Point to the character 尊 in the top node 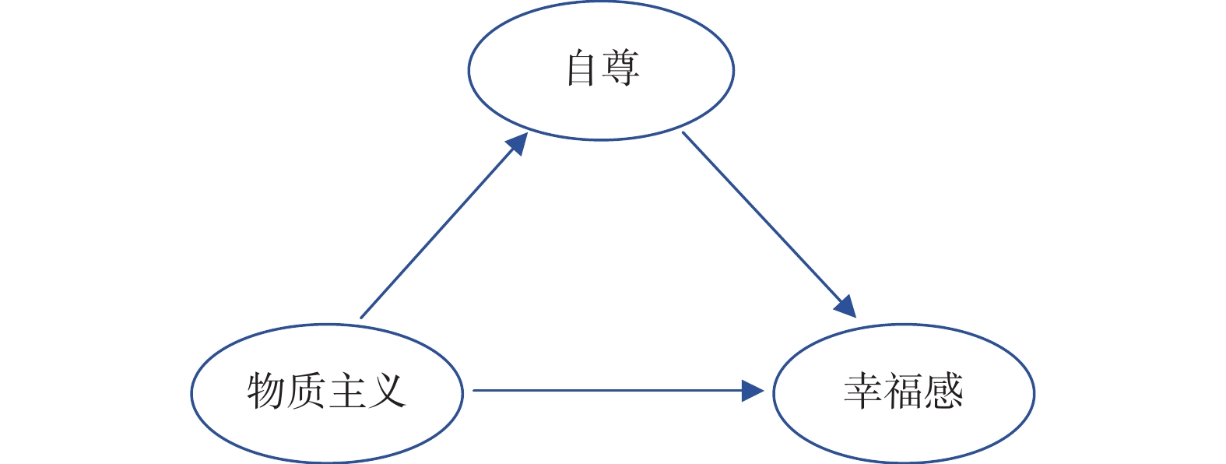[x=621, y=69]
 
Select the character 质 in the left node [x=306, y=391]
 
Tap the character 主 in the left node [x=347, y=391]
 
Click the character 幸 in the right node [x=863, y=391]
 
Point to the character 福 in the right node [x=904, y=391]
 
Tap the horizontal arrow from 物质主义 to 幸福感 [x=607, y=390]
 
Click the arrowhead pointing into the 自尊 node [x=518, y=143]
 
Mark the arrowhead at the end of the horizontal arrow [x=754, y=390]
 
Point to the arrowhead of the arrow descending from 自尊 [x=846, y=307]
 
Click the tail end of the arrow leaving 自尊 [x=683, y=133]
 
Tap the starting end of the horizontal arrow [x=475, y=390]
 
